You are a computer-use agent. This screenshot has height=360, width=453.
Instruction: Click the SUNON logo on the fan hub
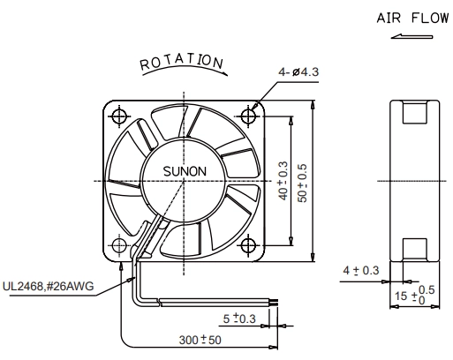(x=185, y=171)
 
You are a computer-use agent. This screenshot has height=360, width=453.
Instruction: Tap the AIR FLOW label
(x=412, y=19)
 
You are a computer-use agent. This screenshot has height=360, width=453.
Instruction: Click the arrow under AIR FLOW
(x=412, y=37)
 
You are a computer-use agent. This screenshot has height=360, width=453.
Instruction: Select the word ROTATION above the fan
(x=181, y=63)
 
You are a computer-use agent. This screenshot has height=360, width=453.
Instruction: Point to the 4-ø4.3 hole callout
(x=298, y=71)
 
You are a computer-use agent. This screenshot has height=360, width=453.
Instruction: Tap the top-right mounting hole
(x=248, y=116)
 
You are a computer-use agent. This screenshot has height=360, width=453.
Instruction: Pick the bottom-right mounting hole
(x=248, y=245)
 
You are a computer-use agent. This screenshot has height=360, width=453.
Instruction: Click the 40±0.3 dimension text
(x=283, y=181)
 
